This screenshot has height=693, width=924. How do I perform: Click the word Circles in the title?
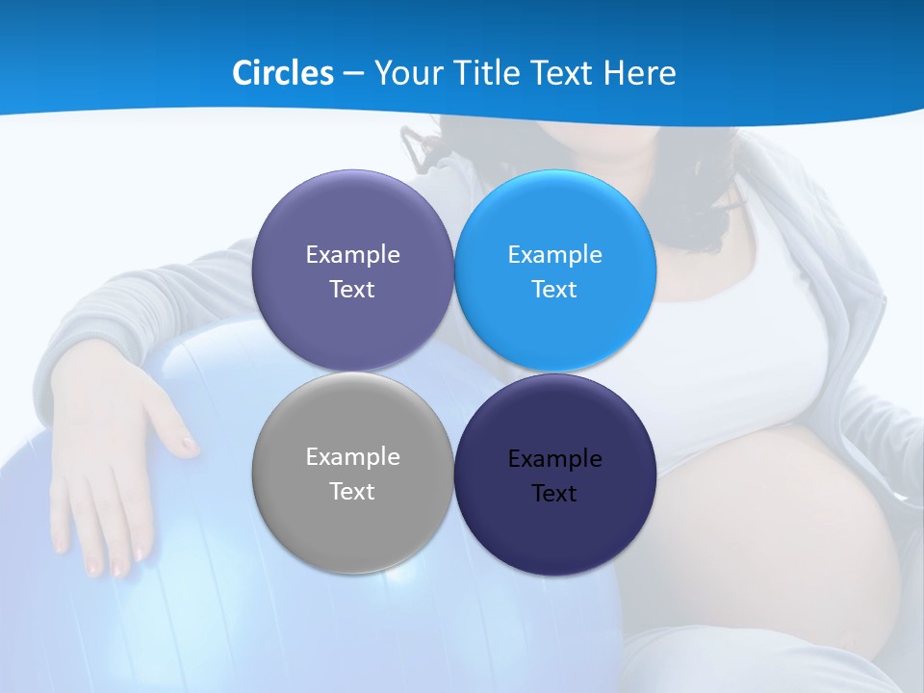[282, 73]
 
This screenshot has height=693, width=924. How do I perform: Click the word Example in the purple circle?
[352, 255]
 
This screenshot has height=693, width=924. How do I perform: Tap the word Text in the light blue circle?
[554, 290]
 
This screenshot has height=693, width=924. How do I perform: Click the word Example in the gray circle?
[352, 457]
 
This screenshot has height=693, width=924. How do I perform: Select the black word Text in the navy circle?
[554, 494]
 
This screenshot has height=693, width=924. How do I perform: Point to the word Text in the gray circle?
[352, 492]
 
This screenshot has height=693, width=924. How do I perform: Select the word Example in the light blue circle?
[554, 255]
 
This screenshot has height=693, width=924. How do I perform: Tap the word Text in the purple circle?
[352, 290]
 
